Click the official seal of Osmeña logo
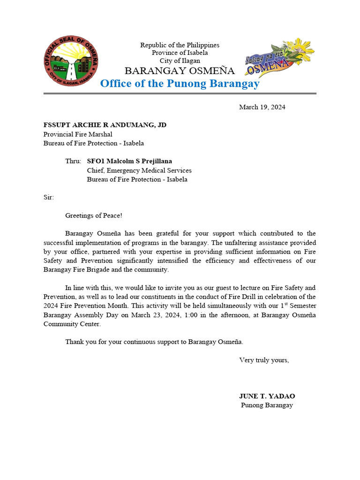71,61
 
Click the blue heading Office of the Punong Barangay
180,84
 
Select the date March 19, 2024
262,107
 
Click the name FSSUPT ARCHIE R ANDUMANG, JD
105,125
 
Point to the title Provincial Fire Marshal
78,134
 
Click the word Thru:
73,161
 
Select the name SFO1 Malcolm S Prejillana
129,161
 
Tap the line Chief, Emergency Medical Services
139,171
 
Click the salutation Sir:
49,197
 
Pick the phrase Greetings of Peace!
94,216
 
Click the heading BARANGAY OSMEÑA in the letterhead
180,71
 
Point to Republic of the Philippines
180,45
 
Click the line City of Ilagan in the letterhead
180,61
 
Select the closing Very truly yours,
264,360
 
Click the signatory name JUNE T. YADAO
267,396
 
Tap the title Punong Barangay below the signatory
267,405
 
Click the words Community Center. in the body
72,324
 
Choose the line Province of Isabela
180,53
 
